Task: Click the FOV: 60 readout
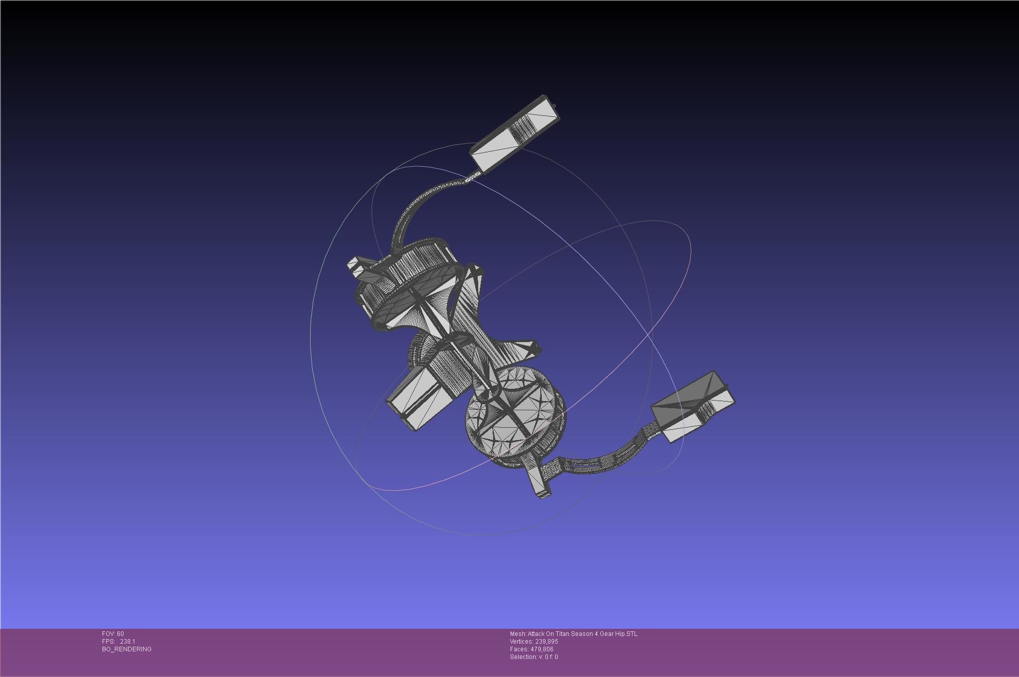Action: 113,634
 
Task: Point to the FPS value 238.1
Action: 128,642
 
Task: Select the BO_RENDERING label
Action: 127,649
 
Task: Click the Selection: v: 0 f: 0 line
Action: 534,657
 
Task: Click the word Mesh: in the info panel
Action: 518,634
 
